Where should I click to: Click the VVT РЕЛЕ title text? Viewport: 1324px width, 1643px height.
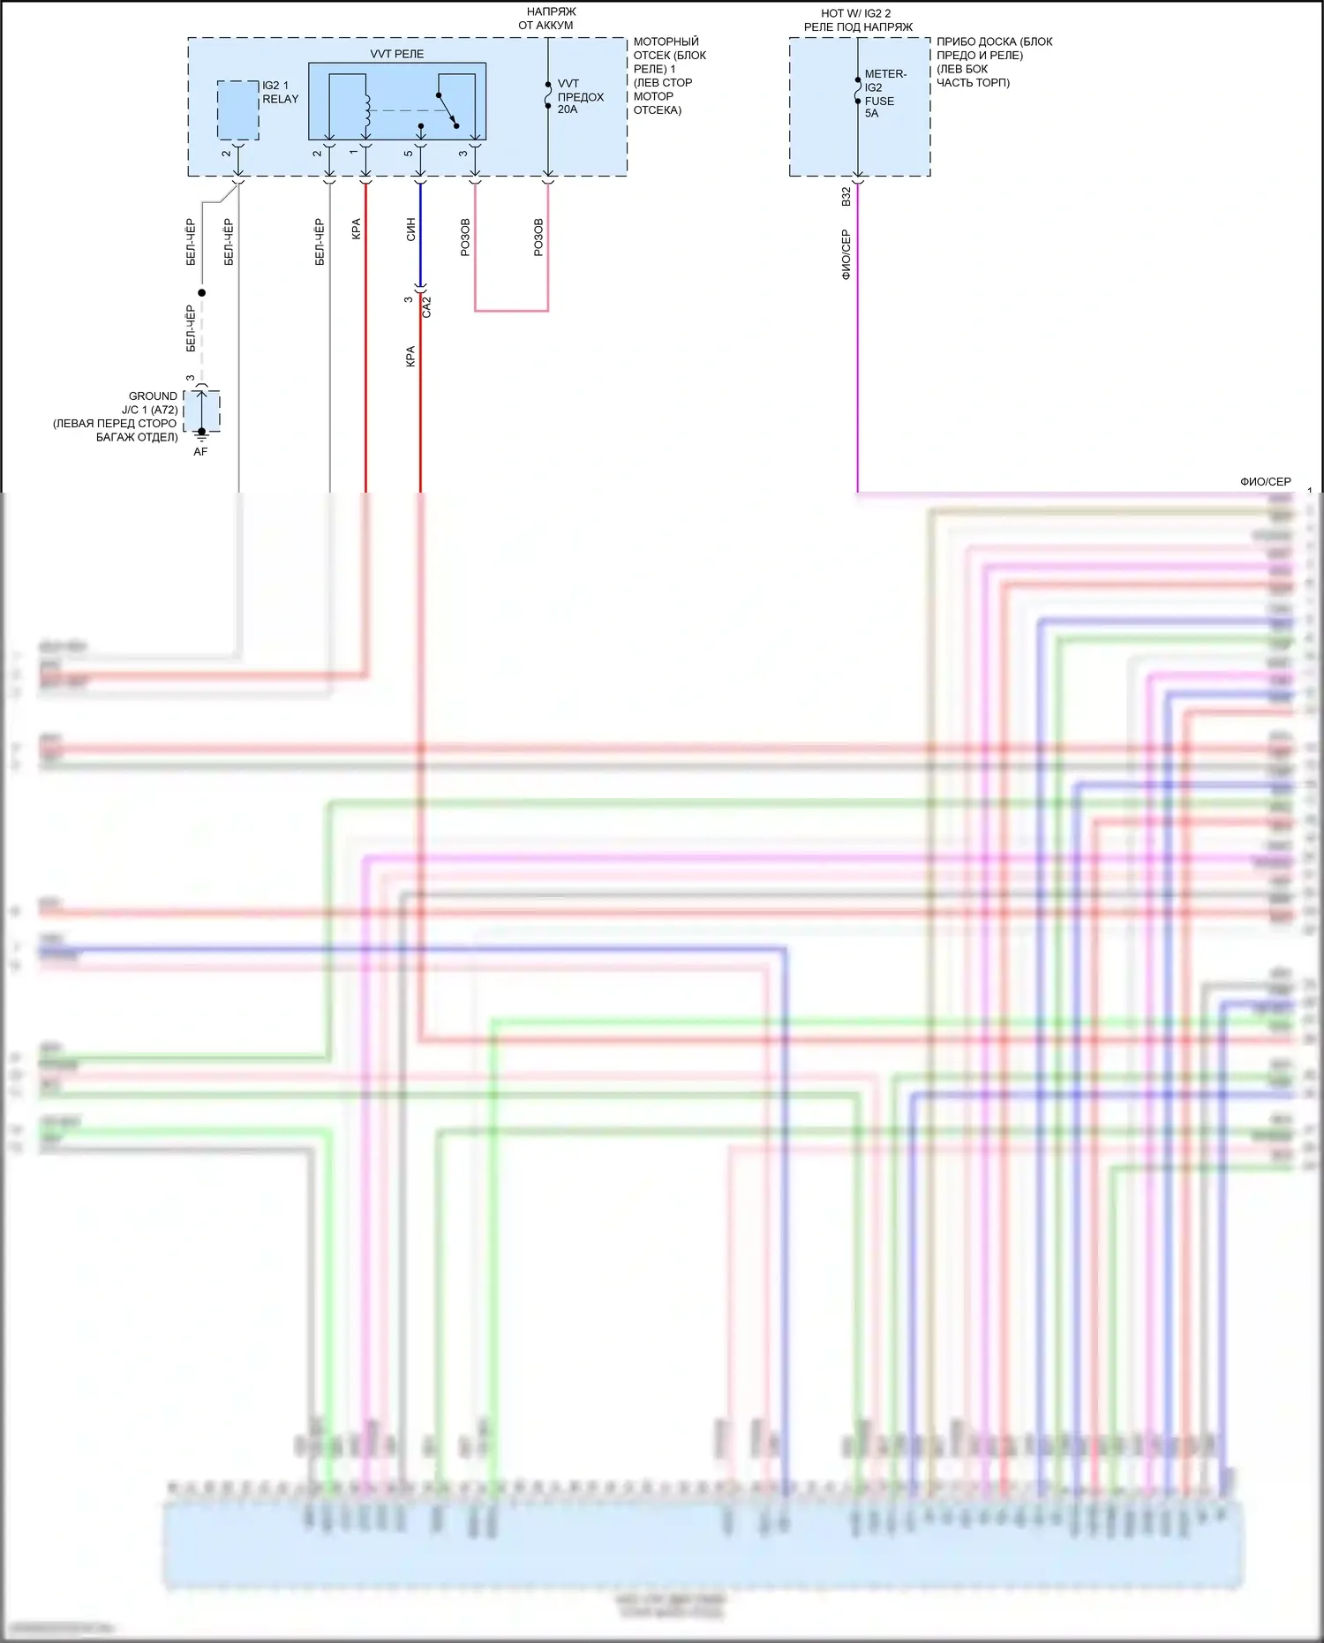(396, 54)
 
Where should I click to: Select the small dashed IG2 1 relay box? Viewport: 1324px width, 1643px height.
(237, 110)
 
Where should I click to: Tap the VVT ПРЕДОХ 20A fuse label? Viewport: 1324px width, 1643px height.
(580, 96)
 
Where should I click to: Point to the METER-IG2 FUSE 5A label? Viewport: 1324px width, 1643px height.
(884, 94)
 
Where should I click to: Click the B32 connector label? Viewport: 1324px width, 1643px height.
(846, 197)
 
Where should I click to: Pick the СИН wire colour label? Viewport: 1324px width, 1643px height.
(410, 230)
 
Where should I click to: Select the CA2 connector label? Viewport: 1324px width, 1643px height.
(427, 307)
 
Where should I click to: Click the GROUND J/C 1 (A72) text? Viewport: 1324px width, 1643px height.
(153, 403)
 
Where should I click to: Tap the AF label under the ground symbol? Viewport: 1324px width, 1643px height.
(200, 452)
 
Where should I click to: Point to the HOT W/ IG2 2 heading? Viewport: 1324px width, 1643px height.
(856, 13)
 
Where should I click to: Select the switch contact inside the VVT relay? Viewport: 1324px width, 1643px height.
(448, 109)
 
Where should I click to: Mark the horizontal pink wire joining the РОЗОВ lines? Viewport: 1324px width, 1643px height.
(511, 311)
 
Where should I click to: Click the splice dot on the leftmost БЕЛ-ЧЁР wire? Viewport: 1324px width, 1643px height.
(202, 293)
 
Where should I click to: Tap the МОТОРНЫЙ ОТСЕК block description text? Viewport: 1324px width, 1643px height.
(669, 75)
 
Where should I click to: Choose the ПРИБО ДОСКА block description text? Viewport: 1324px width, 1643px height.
(994, 62)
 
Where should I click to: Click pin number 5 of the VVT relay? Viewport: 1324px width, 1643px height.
(409, 154)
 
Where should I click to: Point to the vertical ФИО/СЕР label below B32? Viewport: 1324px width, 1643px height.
(846, 254)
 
